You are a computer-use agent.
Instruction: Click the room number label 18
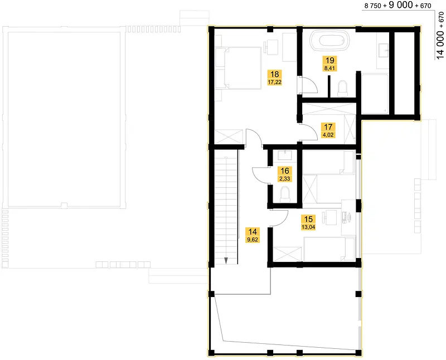pyautogui.click(x=274, y=74)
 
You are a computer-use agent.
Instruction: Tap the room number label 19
pyautogui.click(x=329, y=60)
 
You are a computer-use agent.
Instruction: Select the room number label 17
pyautogui.click(x=328, y=127)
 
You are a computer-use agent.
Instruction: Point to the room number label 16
pyautogui.click(x=285, y=171)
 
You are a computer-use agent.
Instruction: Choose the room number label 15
pyautogui.click(x=308, y=219)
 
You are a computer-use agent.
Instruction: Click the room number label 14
pyautogui.click(x=253, y=232)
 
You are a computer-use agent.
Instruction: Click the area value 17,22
pyautogui.click(x=274, y=82)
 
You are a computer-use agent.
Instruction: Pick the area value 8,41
pyautogui.click(x=329, y=68)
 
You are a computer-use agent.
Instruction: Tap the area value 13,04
pyautogui.click(x=308, y=227)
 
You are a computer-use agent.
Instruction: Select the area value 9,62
pyautogui.click(x=253, y=240)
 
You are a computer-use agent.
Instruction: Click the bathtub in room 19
pyautogui.click(x=330, y=40)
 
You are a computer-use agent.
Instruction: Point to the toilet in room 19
pyautogui.click(x=342, y=88)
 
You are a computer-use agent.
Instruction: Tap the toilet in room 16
pyautogui.click(x=285, y=194)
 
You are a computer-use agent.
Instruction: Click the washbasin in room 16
pyautogui.click(x=285, y=155)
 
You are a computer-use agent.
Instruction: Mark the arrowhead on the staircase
pyautogui.click(x=226, y=260)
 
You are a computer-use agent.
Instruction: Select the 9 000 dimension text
pyautogui.click(x=401, y=5)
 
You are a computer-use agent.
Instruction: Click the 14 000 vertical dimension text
pyautogui.click(x=440, y=45)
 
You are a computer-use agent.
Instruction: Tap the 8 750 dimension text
pyautogui.click(x=372, y=6)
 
